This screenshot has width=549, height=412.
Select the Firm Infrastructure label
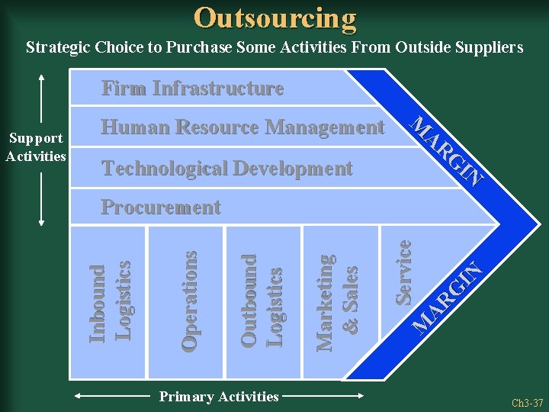(192, 89)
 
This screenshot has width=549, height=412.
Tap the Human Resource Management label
(242, 127)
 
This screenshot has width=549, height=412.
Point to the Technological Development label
(226, 168)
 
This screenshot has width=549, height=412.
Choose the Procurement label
(161, 208)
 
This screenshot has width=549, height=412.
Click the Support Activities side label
(36, 147)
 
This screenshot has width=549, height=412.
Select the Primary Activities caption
(218, 396)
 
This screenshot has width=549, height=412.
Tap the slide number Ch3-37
(527, 402)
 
